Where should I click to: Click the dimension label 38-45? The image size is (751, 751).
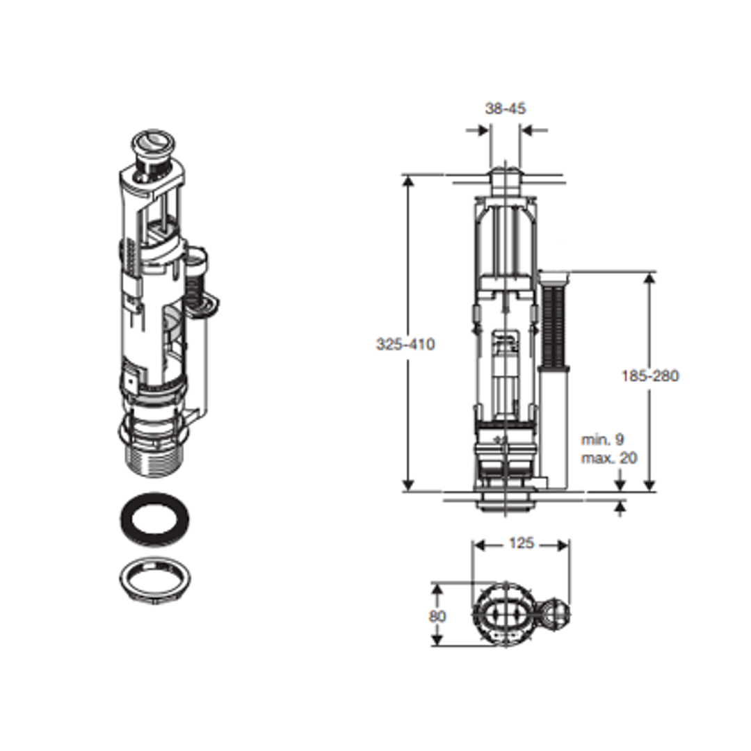click(x=506, y=108)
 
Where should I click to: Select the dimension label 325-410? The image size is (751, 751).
click(x=405, y=344)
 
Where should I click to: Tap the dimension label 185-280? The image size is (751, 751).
click(x=650, y=375)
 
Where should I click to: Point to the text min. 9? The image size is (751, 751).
click(x=602, y=439)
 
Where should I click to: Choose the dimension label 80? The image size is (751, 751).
click(x=438, y=617)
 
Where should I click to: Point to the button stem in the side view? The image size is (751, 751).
click(x=506, y=183)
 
